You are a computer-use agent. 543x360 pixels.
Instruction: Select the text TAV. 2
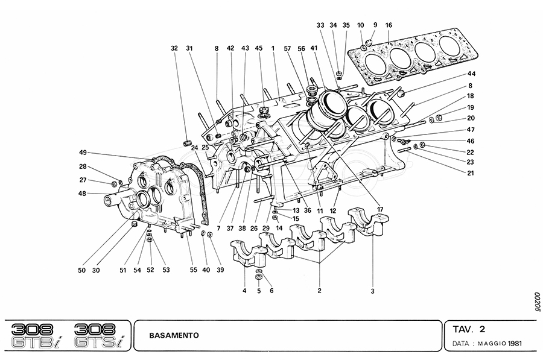(x=469, y=329)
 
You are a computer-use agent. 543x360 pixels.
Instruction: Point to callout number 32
(x=174, y=48)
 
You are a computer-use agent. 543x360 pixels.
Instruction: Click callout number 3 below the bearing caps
(x=373, y=291)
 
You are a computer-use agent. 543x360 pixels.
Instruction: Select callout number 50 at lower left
(x=81, y=270)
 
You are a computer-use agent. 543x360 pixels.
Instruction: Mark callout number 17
(x=380, y=209)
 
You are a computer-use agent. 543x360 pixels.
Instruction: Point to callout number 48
(x=83, y=194)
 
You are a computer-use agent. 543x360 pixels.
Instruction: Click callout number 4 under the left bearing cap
(x=244, y=291)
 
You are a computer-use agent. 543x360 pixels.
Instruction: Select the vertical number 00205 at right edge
(x=536, y=302)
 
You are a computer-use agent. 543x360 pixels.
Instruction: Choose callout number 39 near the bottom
(x=220, y=270)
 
